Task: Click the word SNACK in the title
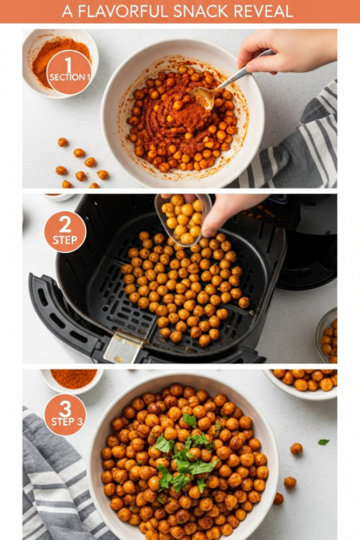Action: [x=201, y=11]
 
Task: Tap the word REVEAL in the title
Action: [x=263, y=11]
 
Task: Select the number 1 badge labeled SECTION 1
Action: [x=69, y=72]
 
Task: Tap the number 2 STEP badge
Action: [x=65, y=232]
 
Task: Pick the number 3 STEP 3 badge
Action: [x=66, y=414]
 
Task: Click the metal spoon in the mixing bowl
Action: [x=227, y=83]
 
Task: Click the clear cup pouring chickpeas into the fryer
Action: [x=183, y=220]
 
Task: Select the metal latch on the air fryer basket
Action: [x=123, y=347]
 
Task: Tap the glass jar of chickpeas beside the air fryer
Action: [x=327, y=335]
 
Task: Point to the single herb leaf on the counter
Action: [x=323, y=442]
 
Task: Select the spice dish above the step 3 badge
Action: [x=72, y=381]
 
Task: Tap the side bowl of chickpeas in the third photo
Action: [x=303, y=383]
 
